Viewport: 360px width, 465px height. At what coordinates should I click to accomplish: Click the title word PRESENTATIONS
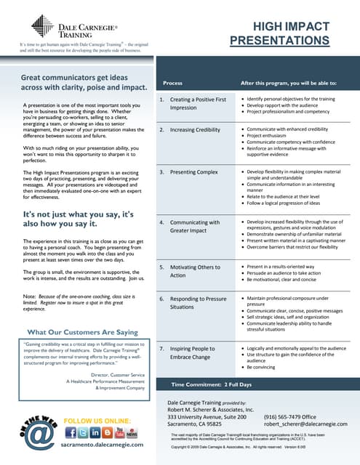tap(279, 41)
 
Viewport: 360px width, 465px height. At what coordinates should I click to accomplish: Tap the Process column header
tap(173, 83)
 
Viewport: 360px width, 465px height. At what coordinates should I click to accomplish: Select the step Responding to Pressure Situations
tap(193, 303)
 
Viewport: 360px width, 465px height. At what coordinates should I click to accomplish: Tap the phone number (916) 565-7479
tap(292, 416)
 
